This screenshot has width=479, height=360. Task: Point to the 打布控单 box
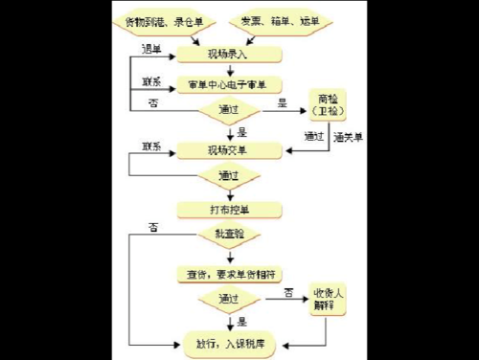click(x=229, y=209)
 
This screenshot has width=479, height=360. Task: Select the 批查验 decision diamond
click(x=229, y=235)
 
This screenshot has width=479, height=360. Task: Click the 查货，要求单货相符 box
click(x=229, y=274)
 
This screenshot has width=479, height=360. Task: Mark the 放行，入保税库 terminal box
click(x=229, y=340)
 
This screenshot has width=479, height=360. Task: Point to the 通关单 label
click(x=347, y=137)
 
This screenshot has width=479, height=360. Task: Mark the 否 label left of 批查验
click(x=153, y=226)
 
